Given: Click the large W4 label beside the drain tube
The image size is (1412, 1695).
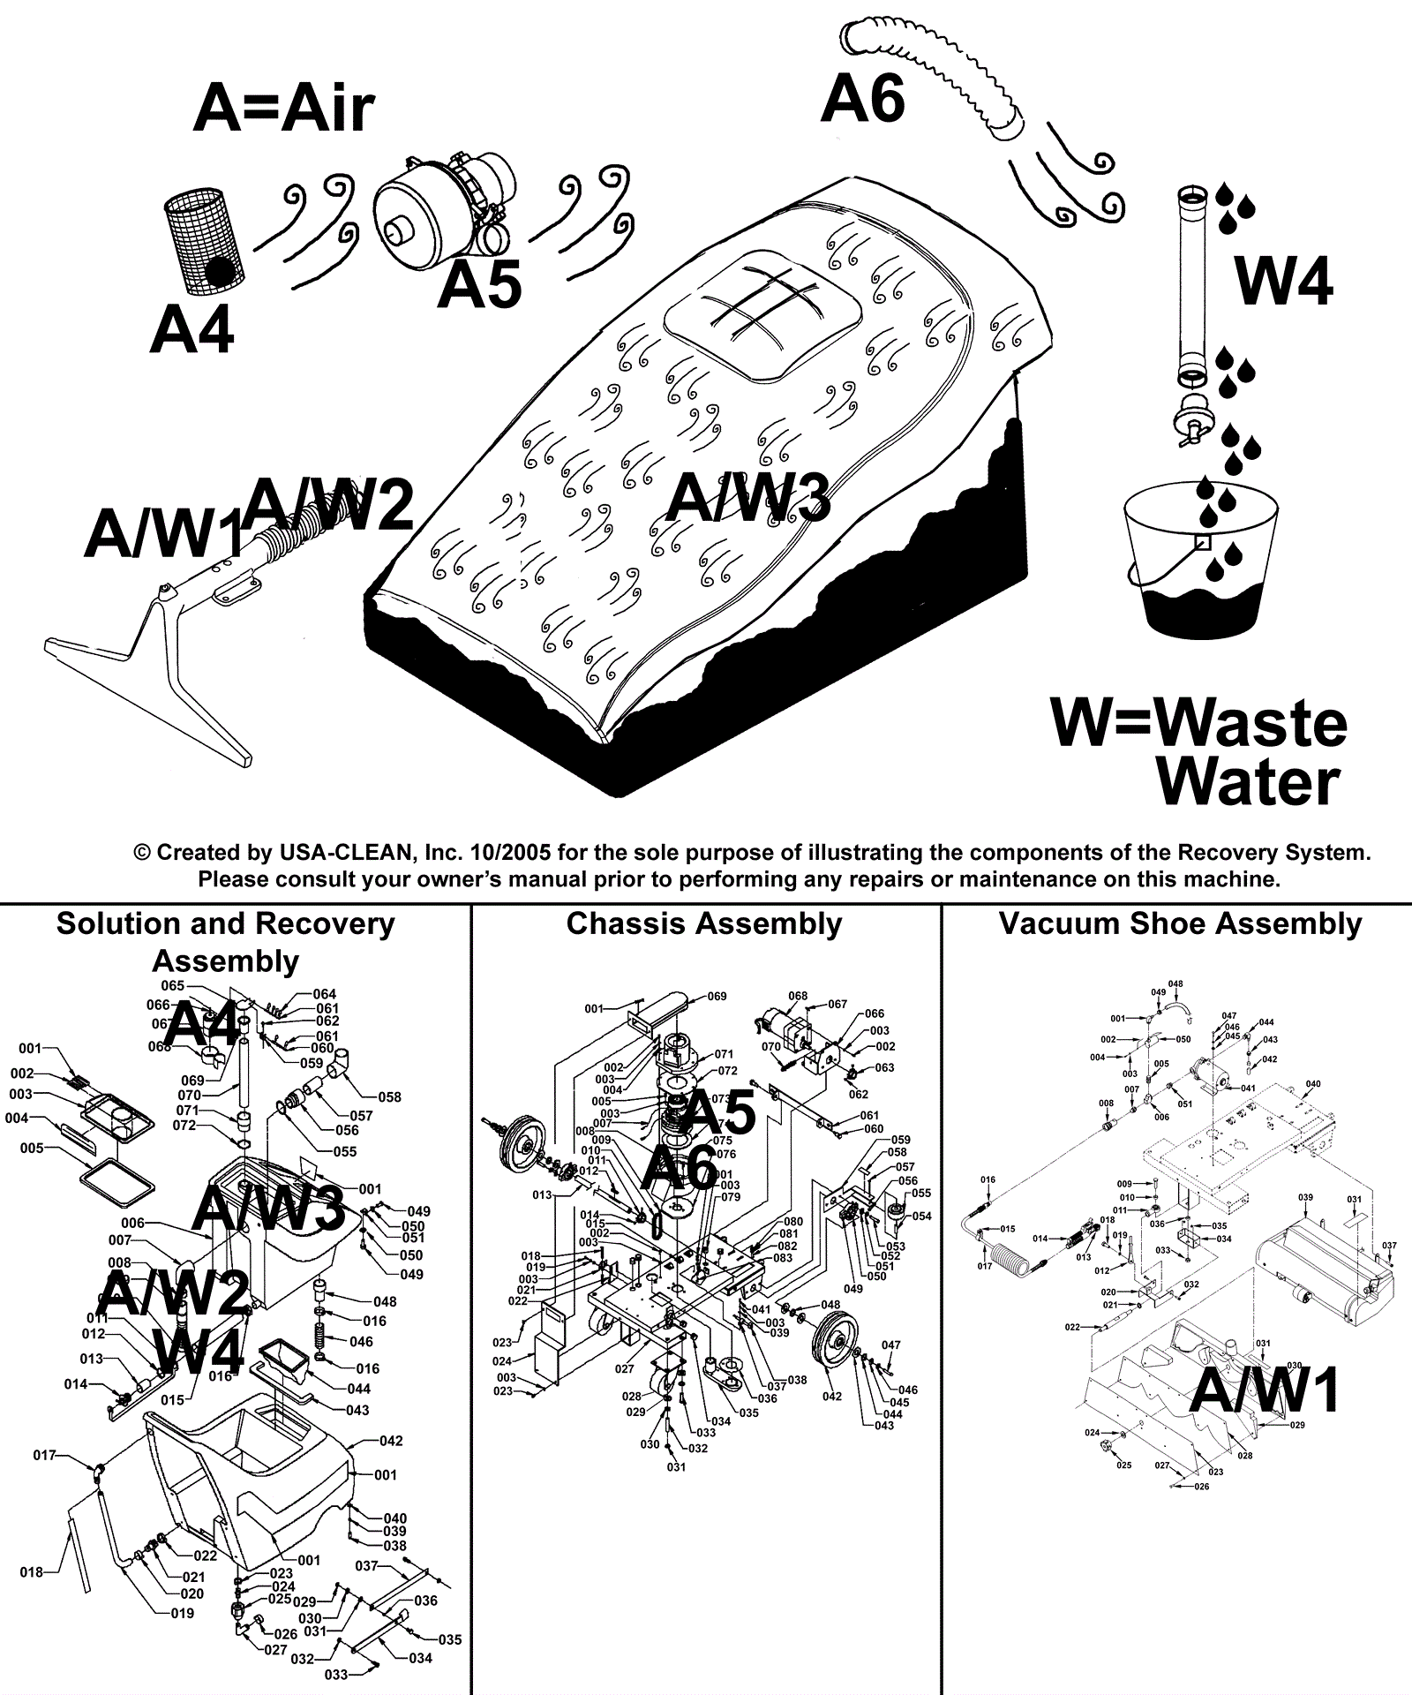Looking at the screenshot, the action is (x=1284, y=281).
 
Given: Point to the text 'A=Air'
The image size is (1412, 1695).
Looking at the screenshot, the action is (x=283, y=109).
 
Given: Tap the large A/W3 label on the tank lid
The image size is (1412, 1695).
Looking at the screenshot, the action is (x=747, y=497).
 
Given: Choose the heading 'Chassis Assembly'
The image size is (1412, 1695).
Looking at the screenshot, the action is (x=704, y=923).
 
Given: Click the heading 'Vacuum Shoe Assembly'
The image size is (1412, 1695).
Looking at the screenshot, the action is (x=1180, y=923).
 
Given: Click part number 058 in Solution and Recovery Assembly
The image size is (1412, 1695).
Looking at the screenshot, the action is (x=389, y=1097).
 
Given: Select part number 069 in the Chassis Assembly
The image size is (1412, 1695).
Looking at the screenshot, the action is (x=717, y=996).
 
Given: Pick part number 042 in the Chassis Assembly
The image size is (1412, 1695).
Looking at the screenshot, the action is (x=831, y=1396).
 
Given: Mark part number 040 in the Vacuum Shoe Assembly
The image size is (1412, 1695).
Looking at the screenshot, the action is (x=1312, y=1084).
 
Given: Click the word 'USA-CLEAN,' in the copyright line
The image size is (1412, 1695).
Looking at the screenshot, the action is (x=345, y=853).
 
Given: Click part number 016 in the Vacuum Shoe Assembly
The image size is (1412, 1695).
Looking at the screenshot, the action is (x=988, y=1179).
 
